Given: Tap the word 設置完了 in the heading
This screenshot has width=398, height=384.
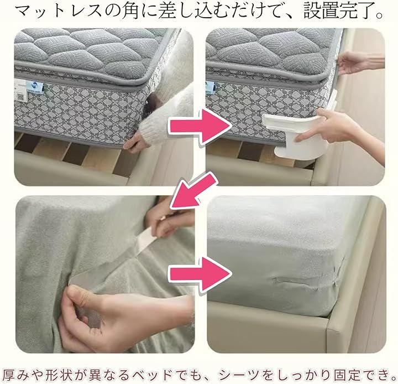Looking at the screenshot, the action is point(338,12).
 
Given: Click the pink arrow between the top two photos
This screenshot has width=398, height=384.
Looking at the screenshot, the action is point(201,126).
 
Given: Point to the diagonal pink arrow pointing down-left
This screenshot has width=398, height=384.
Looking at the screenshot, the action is point(193,190).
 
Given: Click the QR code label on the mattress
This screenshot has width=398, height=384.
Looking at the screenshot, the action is point(21,97).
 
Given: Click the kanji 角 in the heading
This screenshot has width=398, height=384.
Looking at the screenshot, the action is point(131,12).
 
